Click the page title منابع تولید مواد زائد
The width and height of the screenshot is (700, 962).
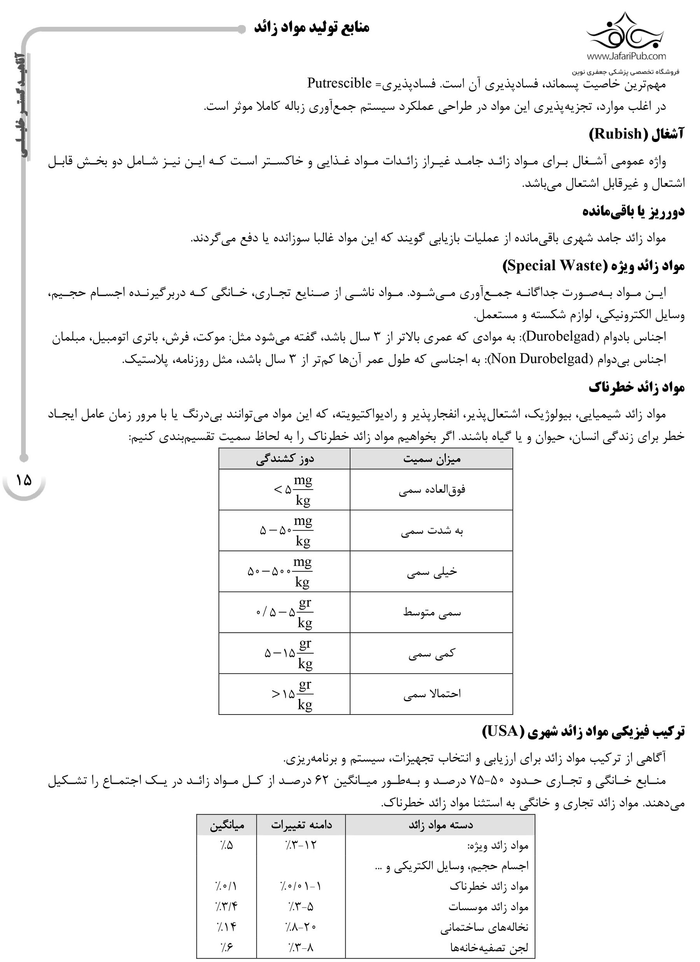[x=311, y=28]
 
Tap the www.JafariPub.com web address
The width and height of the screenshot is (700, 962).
[x=626, y=56]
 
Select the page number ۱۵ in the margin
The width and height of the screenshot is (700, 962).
[x=24, y=480]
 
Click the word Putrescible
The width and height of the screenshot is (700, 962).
[x=339, y=83]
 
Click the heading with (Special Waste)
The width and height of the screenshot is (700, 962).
[x=593, y=266]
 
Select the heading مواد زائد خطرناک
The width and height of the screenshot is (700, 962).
[x=636, y=387]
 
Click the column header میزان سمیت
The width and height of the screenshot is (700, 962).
[x=431, y=459]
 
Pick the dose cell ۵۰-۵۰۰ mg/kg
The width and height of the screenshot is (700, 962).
[x=280, y=571]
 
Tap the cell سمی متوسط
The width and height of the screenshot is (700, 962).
[x=431, y=613]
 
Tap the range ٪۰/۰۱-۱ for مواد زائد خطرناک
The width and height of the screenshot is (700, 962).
[x=301, y=886]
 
